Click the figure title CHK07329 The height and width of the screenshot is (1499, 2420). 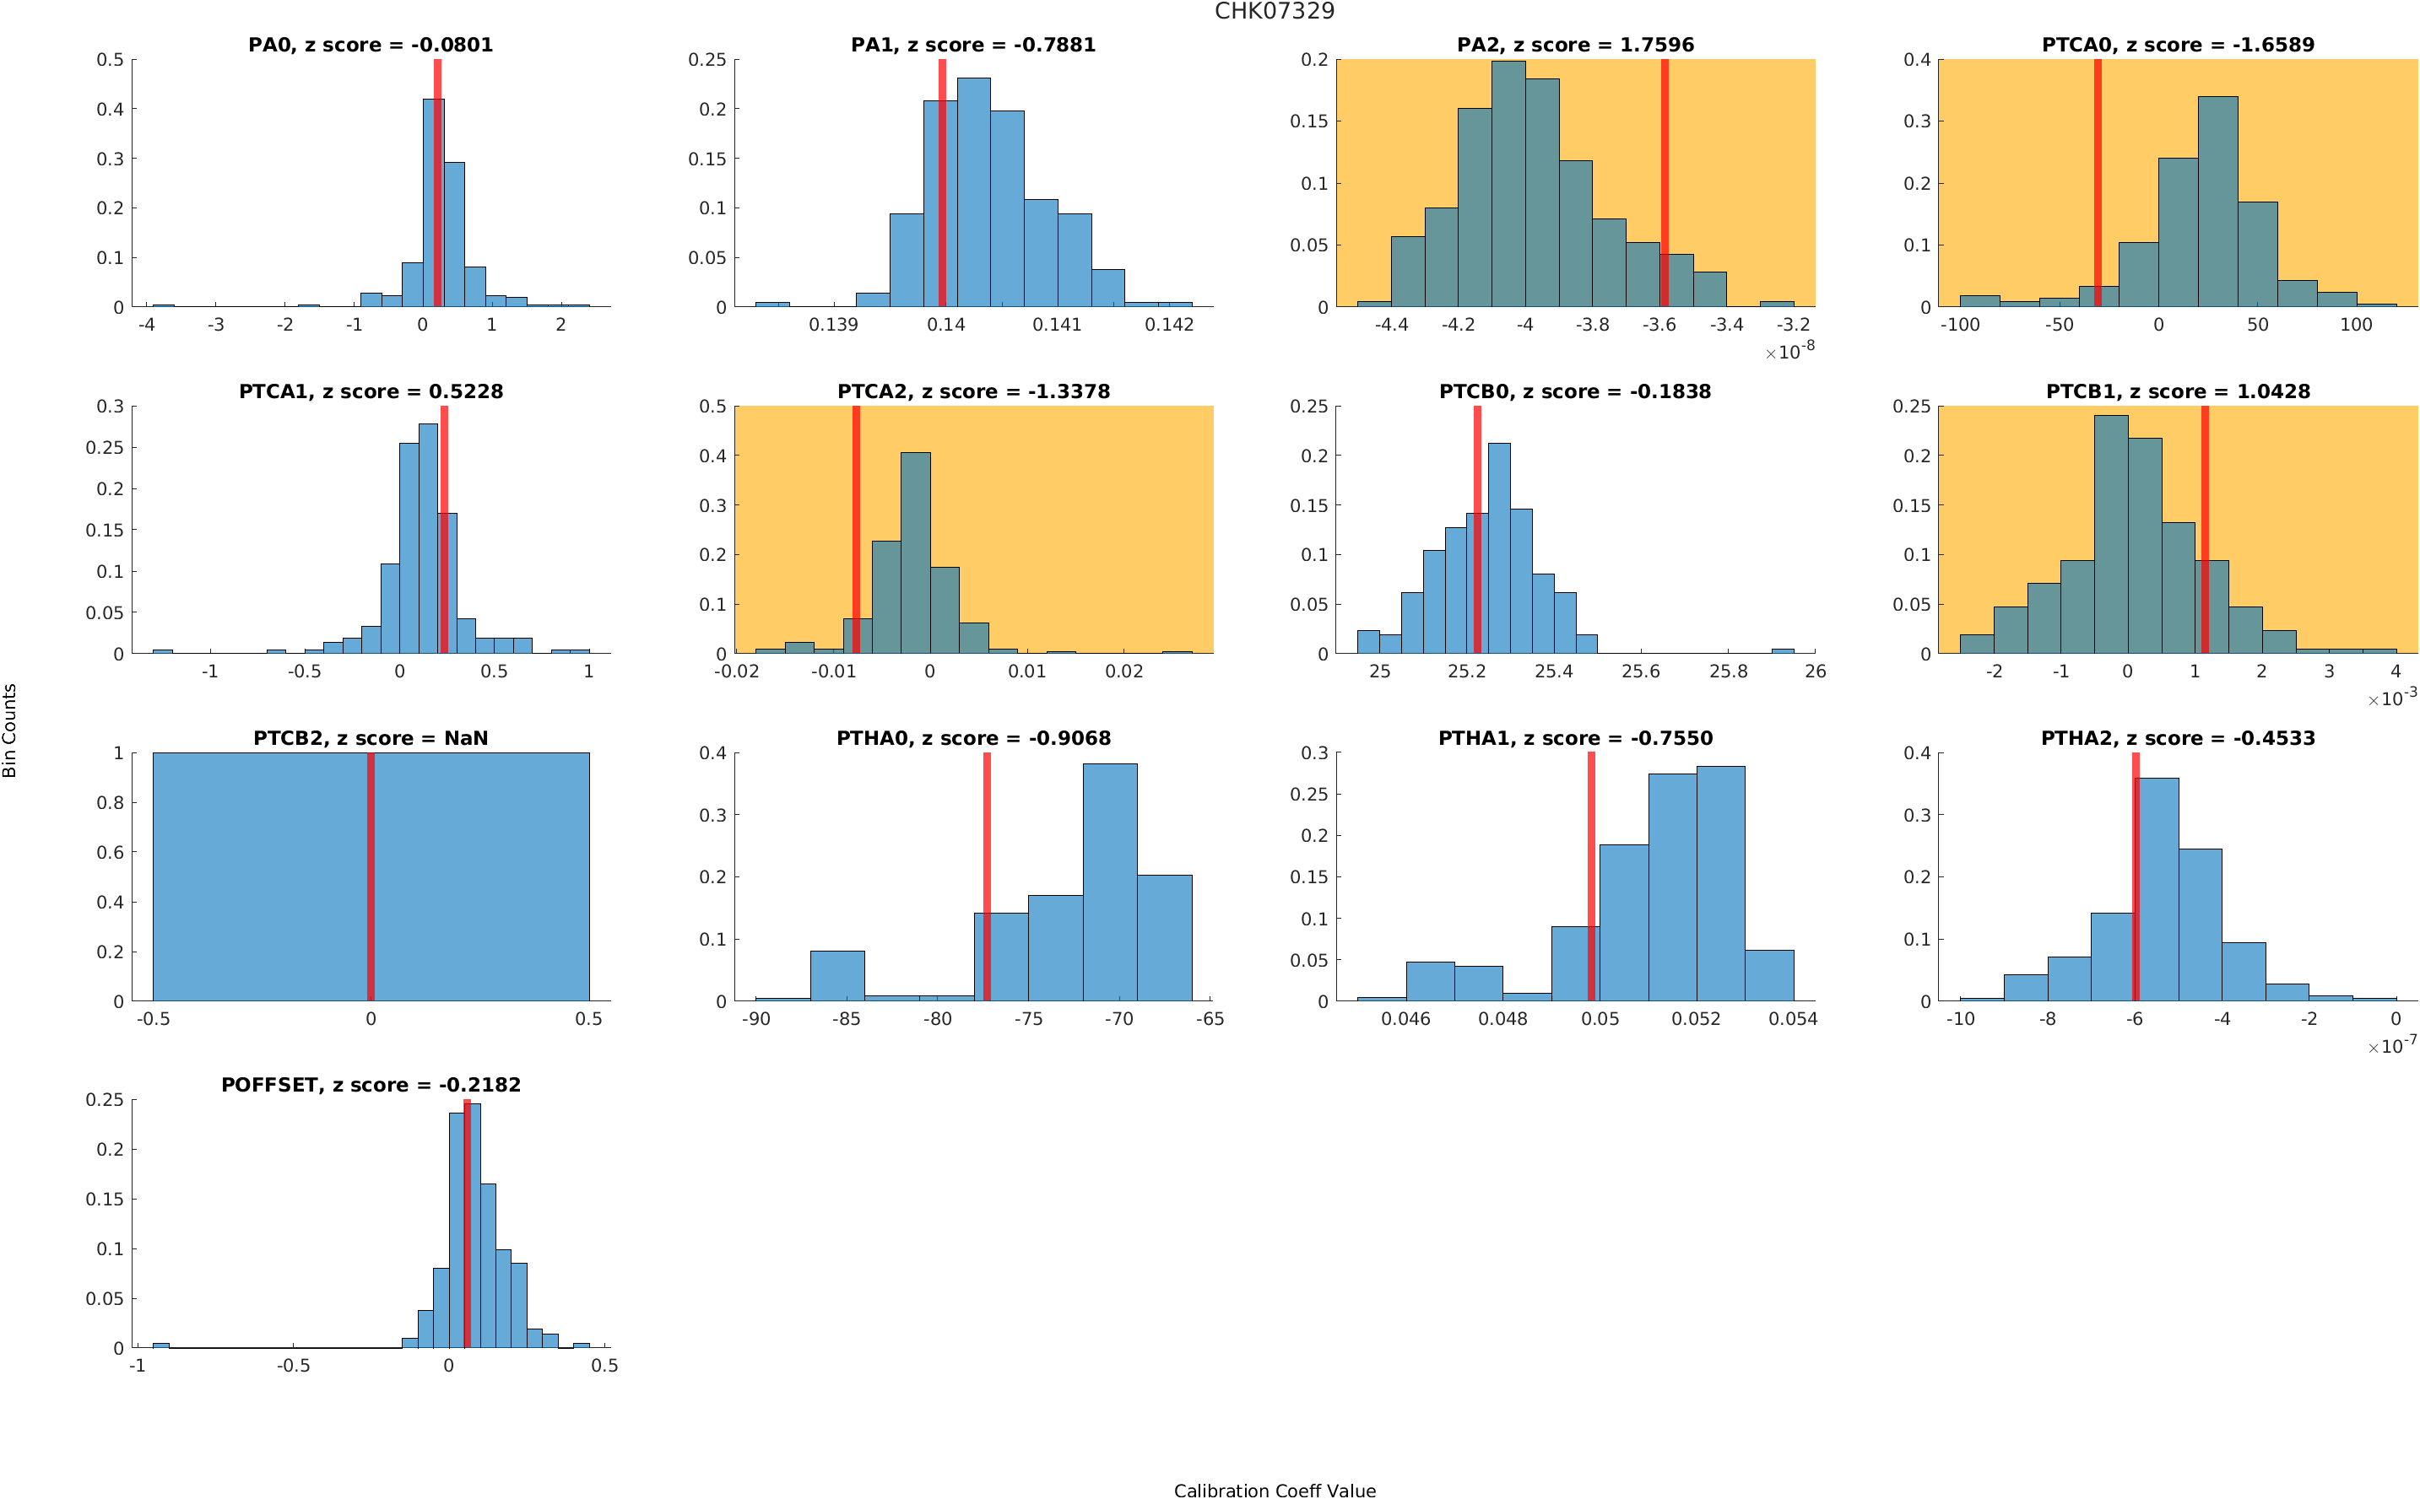(1274, 11)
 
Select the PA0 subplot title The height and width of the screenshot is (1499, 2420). (370, 45)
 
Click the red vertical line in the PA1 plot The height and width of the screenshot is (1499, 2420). (941, 183)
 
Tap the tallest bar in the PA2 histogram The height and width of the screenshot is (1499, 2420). (1508, 183)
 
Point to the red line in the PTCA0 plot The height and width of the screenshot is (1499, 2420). (2097, 183)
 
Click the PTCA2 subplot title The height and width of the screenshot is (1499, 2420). (973, 391)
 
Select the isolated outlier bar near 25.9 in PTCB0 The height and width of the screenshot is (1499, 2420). (1781, 650)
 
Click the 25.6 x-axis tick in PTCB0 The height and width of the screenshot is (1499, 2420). (1639, 671)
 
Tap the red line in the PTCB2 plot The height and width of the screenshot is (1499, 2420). (370, 876)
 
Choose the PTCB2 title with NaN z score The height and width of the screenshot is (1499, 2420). (370, 739)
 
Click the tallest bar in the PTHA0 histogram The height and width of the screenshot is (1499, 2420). (1109, 882)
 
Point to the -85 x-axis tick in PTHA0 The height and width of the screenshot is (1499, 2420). (846, 1019)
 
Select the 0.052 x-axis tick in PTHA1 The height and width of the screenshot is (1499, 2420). (1696, 1019)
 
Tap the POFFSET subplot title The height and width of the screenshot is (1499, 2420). (370, 1085)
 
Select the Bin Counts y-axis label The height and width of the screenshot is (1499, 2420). (10, 731)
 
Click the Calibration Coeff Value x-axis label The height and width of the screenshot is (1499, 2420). (1274, 1490)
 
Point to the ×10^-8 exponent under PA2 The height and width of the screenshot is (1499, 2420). (1789, 351)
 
